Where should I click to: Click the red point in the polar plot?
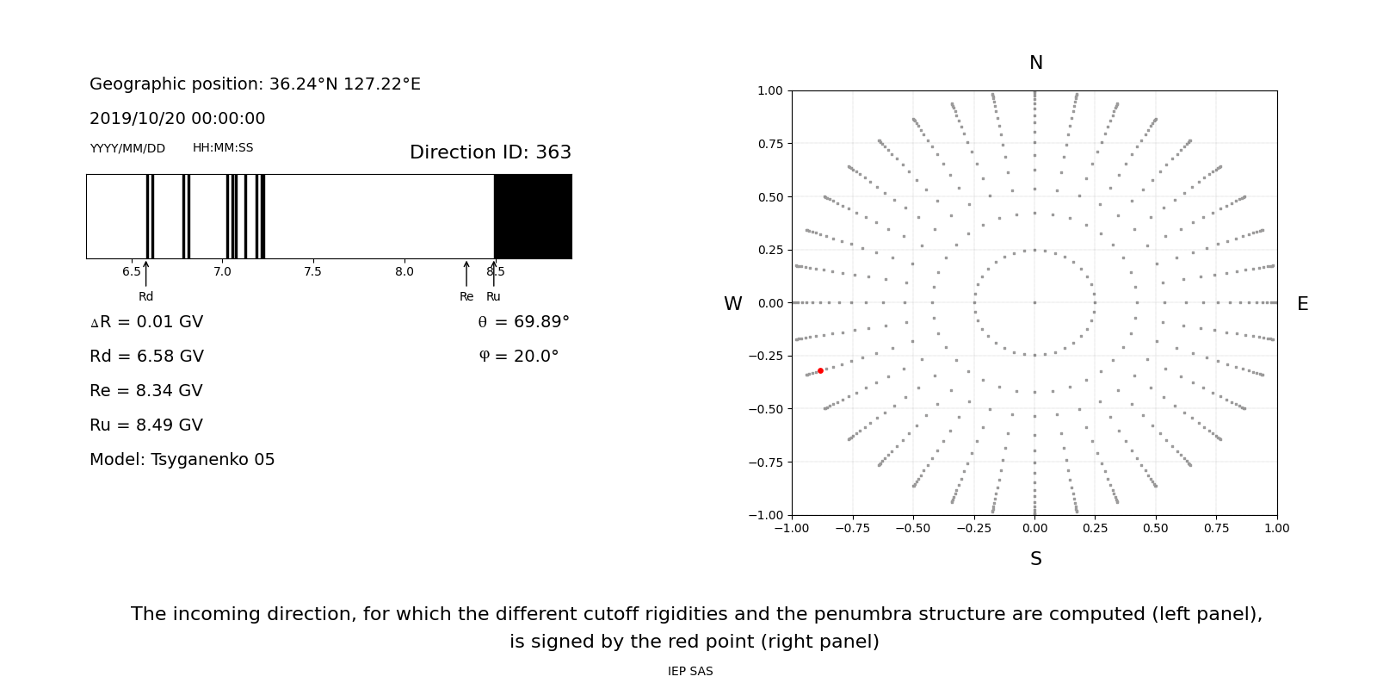pyautogui.click(x=820, y=370)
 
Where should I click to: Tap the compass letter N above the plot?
pyautogui.click(x=1035, y=63)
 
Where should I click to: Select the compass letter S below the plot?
pyautogui.click(x=1035, y=559)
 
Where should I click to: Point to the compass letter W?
pyautogui.click(x=732, y=304)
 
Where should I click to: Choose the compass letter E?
pyautogui.click(x=1302, y=304)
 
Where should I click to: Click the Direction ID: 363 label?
pyautogui.click(x=490, y=152)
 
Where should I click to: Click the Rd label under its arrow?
pyautogui.click(x=145, y=297)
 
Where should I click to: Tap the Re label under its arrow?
pyautogui.click(x=466, y=297)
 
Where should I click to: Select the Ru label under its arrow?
pyautogui.click(x=493, y=297)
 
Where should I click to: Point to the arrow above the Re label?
pyautogui.click(x=466, y=274)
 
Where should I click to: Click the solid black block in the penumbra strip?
pyautogui.click(x=533, y=216)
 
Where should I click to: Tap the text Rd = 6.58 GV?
pyautogui.click(x=146, y=357)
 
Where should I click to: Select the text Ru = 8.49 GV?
pyautogui.click(x=146, y=425)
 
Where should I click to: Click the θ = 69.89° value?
pyautogui.click(x=523, y=322)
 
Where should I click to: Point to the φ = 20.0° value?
pyautogui.click(x=518, y=357)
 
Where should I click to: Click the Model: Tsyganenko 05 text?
pyautogui.click(x=182, y=460)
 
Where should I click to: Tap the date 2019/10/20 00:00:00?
pyautogui.click(x=177, y=119)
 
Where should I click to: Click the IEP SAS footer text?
pyautogui.click(x=689, y=672)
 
